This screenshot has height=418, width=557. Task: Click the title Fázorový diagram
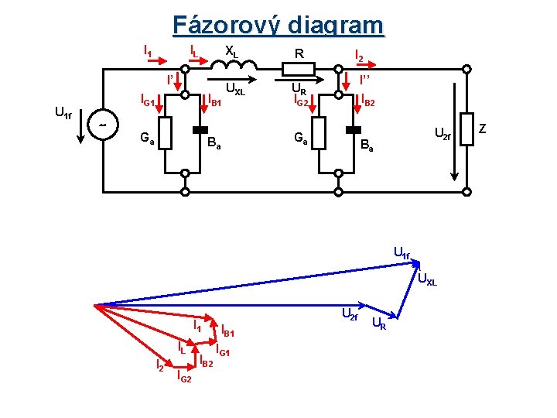coord(278,25)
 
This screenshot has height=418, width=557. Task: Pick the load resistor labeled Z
coord(466,127)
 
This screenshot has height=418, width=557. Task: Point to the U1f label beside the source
coord(63,115)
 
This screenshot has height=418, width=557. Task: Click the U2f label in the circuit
coord(443,136)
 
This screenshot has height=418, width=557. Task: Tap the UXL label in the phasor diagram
coord(427,279)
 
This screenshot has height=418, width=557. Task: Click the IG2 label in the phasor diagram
coord(184,376)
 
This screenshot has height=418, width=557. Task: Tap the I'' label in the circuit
coord(365,80)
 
